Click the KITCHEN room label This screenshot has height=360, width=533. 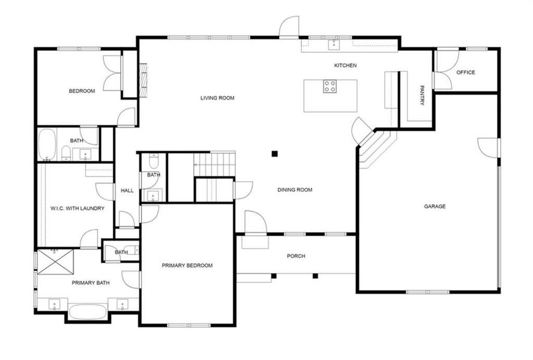coord(346,65)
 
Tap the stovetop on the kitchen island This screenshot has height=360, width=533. coord(330,86)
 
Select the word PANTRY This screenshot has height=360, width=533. coord(422,95)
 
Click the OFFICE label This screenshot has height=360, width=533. coord(465,73)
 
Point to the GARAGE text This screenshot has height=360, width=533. coord(435,206)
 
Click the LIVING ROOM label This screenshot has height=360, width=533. coord(217,98)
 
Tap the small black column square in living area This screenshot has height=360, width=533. coord(274,154)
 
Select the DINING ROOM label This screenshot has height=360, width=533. coord(295,190)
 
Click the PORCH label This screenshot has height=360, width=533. coord(296,256)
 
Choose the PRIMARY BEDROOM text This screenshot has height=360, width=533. coord(187,265)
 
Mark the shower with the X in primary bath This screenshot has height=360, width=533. coord(55,262)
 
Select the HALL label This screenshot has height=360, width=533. coord(127,190)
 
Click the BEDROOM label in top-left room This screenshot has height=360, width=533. coord(82,91)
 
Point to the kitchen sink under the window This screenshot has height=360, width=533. coord(331,44)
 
